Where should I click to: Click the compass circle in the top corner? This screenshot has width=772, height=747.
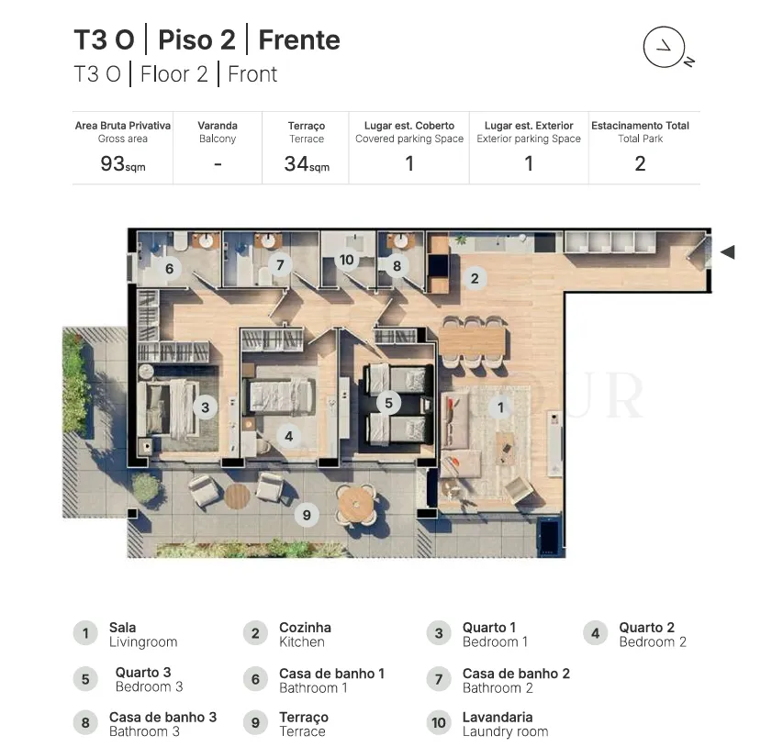tap(664, 27)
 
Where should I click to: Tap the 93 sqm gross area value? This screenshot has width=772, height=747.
tap(123, 164)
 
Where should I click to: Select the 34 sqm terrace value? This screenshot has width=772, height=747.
tap(307, 164)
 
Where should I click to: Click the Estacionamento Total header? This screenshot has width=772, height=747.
tap(640, 126)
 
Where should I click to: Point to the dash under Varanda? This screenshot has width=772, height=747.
tap(218, 164)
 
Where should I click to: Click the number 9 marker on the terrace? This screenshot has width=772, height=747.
tap(307, 515)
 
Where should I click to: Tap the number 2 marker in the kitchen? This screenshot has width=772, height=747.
tap(475, 279)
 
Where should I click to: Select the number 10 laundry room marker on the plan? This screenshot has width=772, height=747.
tap(346, 260)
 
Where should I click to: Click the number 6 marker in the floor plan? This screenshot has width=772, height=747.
tap(170, 269)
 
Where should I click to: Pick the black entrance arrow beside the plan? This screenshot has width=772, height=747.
tap(728, 252)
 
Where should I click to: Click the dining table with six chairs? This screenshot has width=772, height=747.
tap(473, 342)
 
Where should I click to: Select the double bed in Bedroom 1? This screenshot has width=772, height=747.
tap(167, 407)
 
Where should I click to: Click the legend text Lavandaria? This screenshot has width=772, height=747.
tap(498, 717)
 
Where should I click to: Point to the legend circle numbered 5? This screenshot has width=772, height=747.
tap(85, 679)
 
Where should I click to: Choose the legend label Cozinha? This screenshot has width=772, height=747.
tap(305, 628)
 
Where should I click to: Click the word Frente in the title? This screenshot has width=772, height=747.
tap(299, 39)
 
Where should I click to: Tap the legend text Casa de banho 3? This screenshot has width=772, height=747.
tap(162, 717)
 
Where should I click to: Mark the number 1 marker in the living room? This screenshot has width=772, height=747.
tap(500, 407)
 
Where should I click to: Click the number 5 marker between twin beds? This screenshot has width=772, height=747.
tap(388, 403)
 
